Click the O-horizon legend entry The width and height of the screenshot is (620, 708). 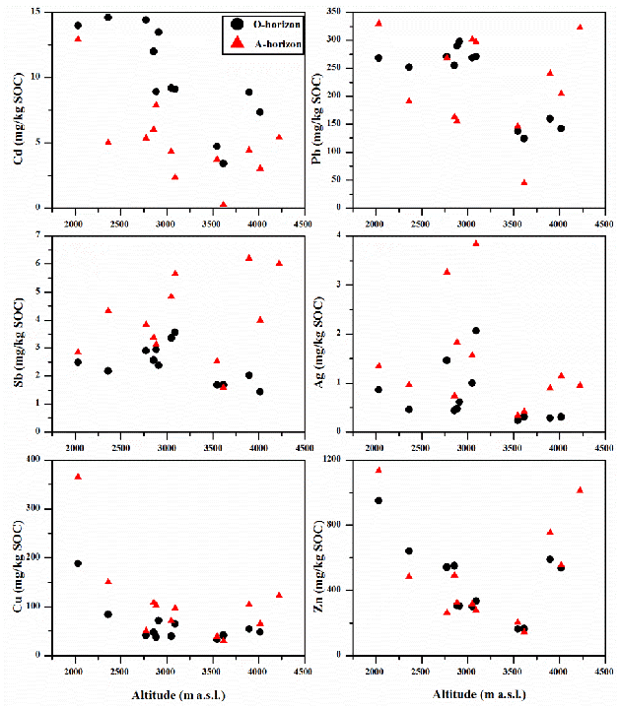[x=267, y=23]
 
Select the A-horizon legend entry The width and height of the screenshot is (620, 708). [x=267, y=44]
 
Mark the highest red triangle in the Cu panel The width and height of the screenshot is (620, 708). [x=78, y=477]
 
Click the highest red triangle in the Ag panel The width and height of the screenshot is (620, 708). [x=476, y=242]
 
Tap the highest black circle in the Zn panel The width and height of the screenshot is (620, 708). [x=379, y=500]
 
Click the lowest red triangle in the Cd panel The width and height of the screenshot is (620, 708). [x=224, y=205]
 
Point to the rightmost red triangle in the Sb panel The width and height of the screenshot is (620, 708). [x=279, y=263]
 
